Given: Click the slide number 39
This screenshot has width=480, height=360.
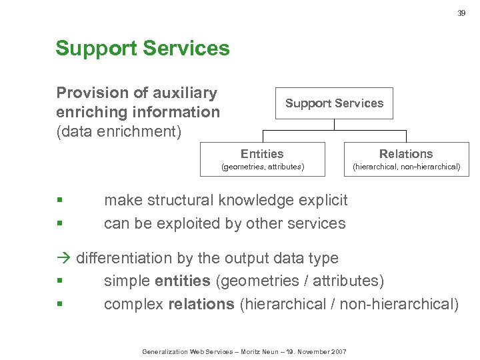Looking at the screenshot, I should pos(461,13).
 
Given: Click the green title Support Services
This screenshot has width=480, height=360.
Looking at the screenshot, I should pos(143,49).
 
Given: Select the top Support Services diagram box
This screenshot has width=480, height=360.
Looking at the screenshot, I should pos(334,103).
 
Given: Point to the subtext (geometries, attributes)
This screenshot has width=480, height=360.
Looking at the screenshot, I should pos(262,167).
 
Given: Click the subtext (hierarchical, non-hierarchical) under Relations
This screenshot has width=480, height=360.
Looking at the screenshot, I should pos(406,167).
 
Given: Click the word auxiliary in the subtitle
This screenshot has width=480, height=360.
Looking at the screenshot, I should pos(184,93).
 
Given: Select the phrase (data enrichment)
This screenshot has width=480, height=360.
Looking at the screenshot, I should pos(119,131).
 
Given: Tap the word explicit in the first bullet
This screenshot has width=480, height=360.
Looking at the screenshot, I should pos(323,200).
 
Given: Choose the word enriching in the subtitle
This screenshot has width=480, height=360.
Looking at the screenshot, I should pos(91,112).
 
